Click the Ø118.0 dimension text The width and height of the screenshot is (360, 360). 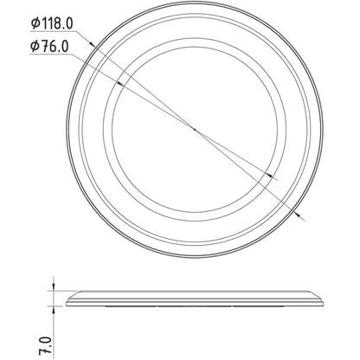pos(52,23)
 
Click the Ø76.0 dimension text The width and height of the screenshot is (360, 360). pos(49,46)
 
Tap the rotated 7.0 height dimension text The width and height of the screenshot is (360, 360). pos(46,345)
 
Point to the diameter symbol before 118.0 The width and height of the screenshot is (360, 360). pos(35,23)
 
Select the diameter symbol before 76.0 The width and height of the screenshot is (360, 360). pos(35,46)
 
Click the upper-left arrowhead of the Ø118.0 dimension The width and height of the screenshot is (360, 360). pos(92,44)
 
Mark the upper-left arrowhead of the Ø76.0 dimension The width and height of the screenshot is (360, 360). pos(120,84)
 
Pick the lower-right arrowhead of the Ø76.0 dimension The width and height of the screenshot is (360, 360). pos(269,175)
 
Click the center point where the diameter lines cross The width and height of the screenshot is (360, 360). pos(195,130)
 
